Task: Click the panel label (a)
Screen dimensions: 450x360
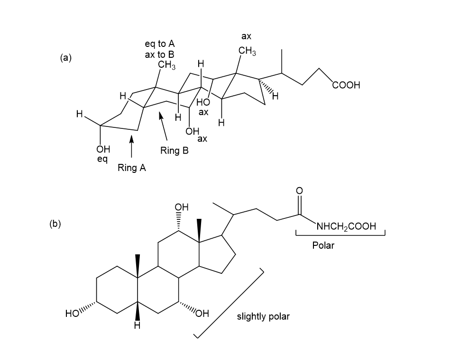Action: (66, 58)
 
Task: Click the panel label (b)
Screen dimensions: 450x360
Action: (55, 224)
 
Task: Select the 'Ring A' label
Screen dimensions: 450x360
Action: (132, 168)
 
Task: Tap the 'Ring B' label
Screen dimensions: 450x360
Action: (174, 151)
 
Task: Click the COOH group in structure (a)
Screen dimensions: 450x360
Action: (346, 85)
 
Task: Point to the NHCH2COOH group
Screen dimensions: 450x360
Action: (346, 226)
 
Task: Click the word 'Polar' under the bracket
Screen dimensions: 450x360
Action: (323, 245)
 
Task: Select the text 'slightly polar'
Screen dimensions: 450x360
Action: (263, 316)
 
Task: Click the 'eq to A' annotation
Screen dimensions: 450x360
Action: (160, 44)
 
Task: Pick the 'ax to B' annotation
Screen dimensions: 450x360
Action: (160, 54)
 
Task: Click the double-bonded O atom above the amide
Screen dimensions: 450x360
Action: (299, 190)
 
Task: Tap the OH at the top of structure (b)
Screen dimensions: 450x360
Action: (182, 207)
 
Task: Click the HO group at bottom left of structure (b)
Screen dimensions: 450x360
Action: (72, 313)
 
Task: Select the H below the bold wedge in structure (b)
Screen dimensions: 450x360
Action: (138, 325)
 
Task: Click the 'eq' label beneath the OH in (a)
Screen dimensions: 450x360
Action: (102, 159)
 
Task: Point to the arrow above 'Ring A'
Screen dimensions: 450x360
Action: (131, 146)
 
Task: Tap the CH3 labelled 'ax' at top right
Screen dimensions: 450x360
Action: (247, 51)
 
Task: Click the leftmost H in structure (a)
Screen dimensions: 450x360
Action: (80, 114)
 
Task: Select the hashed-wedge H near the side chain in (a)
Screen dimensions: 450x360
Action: (275, 96)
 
